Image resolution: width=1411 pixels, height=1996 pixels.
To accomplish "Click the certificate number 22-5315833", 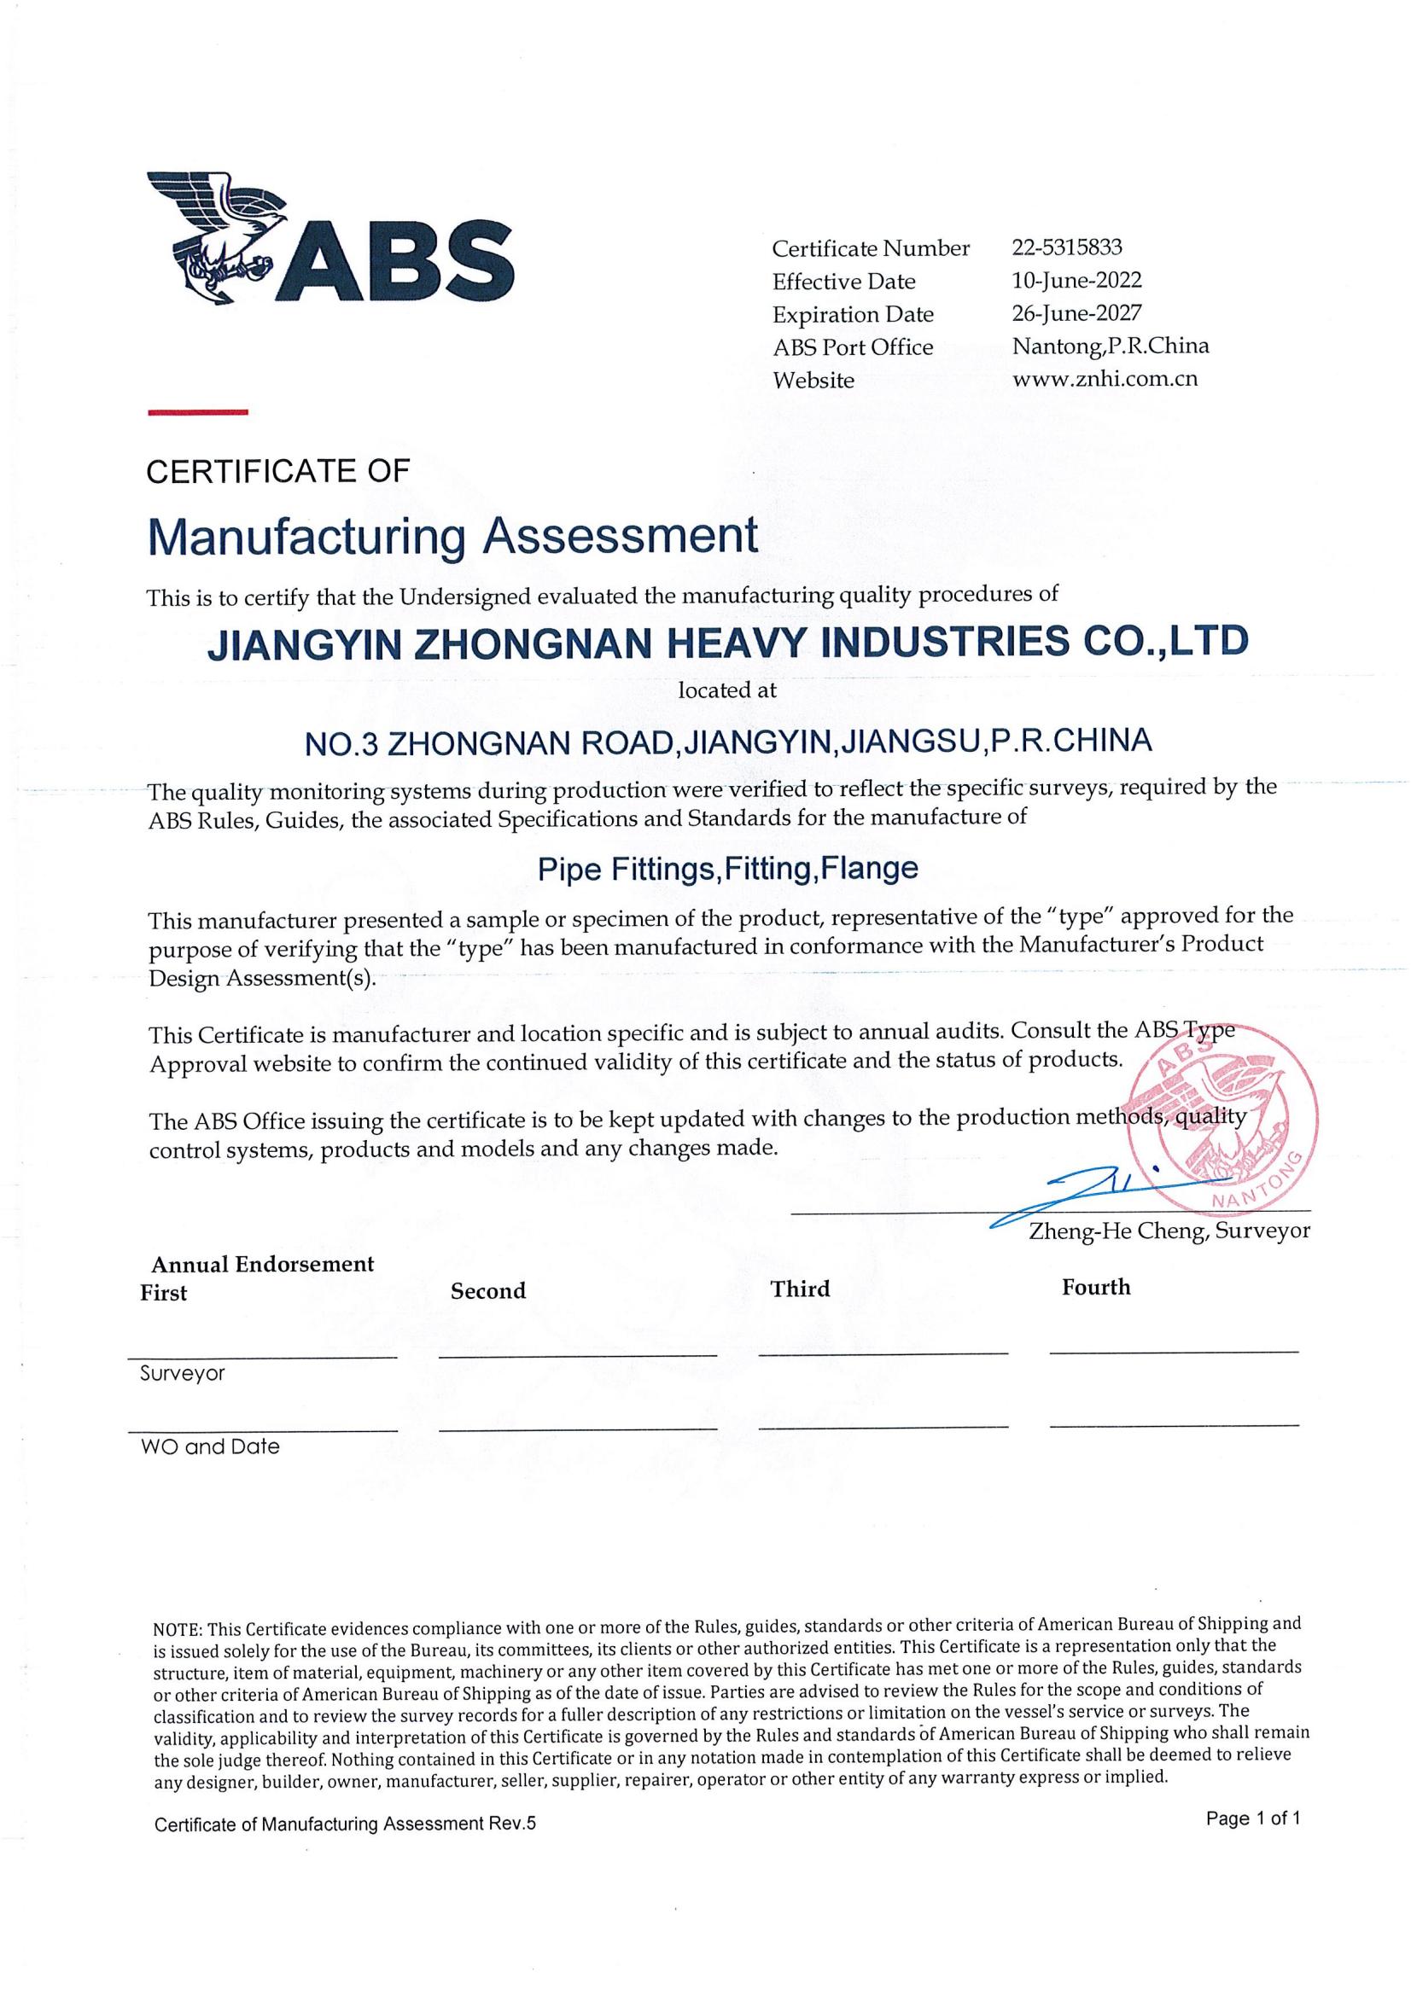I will point(1067,247).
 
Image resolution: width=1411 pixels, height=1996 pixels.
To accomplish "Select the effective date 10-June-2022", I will point(1076,280).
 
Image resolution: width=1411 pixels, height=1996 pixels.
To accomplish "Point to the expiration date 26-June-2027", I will point(1076,313).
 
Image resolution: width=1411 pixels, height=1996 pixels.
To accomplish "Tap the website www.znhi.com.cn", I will point(1105,379).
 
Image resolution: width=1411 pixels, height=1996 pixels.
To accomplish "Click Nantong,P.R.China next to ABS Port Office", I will point(1111,346).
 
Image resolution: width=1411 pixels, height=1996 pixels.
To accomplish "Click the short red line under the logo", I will point(197,412).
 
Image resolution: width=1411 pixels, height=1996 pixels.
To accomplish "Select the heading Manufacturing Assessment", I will point(452,538).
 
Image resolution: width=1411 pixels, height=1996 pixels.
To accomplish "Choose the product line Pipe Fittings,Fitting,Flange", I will point(727,869).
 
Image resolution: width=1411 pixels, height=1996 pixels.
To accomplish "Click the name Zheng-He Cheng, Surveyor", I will point(1169,1231).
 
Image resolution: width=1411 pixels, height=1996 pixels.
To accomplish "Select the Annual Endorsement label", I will point(263,1264).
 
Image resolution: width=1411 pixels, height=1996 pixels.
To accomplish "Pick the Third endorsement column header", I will point(800,1289).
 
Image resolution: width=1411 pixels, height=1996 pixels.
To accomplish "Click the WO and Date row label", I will point(209,1446).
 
